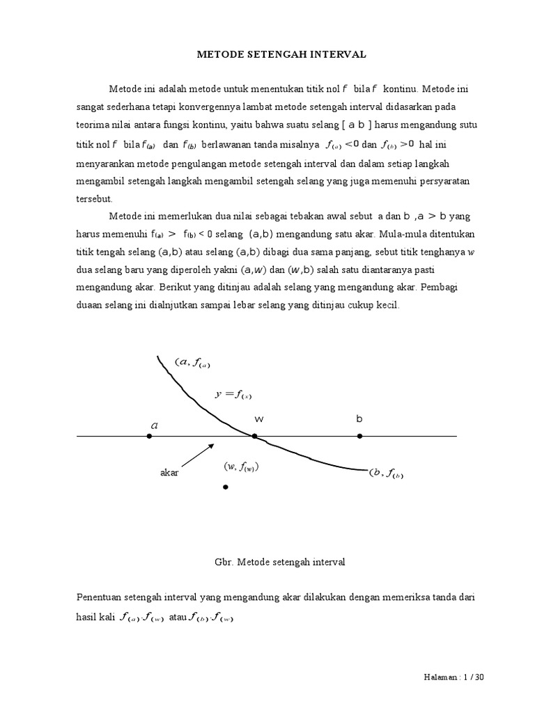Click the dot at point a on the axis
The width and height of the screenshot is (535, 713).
click(149, 437)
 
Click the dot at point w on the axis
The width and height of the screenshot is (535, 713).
click(255, 437)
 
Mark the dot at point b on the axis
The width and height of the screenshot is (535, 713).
click(359, 437)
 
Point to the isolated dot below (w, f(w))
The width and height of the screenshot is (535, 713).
click(225, 487)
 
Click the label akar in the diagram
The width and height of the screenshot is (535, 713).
click(170, 473)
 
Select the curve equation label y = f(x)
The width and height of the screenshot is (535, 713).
click(233, 395)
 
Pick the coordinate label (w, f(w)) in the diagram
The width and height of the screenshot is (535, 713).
click(241, 467)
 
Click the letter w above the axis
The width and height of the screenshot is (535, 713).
click(258, 419)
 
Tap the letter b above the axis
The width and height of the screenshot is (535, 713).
click(359, 419)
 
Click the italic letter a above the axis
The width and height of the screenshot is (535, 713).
click(154, 424)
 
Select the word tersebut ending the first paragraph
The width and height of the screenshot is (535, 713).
click(93, 198)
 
